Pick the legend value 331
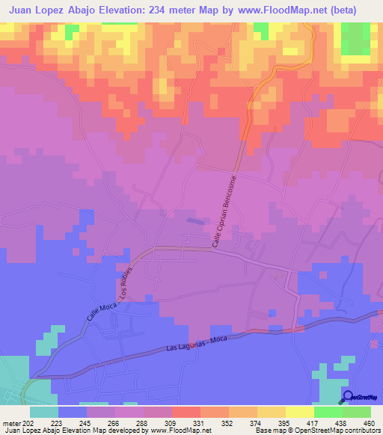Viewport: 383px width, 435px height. click(197, 422)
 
